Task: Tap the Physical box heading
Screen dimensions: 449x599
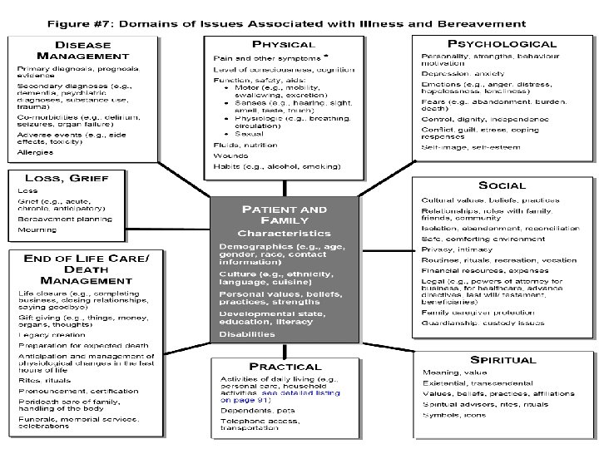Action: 283,43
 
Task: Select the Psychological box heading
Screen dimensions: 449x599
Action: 502,43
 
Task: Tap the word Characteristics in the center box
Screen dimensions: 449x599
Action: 284,233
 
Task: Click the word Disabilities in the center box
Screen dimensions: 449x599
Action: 246,333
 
